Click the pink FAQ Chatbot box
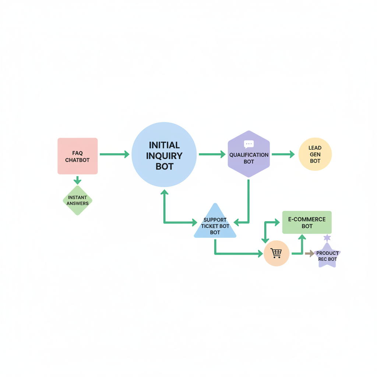click(x=77, y=156)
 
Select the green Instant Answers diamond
click(x=77, y=200)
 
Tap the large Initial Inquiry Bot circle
click(x=164, y=155)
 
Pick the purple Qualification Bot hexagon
click(x=249, y=154)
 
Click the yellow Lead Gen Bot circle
click(x=315, y=154)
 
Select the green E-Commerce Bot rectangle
click(x=307, y=222)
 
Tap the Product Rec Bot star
click(x=327, y=256)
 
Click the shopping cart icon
click(x=276, y=253)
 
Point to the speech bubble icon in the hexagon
click(x=249, y=144)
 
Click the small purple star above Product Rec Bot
click(x=327, y=238)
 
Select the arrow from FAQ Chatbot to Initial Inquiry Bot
click(x=115, y=154)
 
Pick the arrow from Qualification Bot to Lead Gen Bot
click(x=283, y=154)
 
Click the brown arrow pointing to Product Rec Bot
click(x=310, y=253)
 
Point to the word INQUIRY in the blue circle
click(x=164, y=156)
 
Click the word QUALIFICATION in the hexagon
click(x=249, y=155)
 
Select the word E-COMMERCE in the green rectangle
click(x=307, y=219)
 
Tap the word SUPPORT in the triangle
click(x=215, y=220)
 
